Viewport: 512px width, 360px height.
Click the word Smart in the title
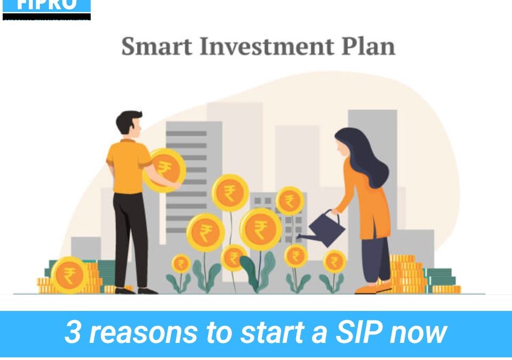157,47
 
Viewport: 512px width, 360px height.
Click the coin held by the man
166,170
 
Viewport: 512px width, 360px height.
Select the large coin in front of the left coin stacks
69,275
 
